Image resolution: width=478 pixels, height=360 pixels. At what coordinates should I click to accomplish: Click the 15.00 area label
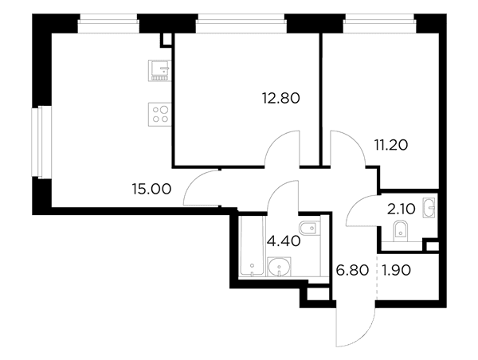click(x=151, y=189)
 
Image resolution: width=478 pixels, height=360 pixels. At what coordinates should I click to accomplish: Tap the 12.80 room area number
click(x=281, y=98)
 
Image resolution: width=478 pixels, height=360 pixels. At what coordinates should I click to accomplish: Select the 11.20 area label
click(x=391, y=145)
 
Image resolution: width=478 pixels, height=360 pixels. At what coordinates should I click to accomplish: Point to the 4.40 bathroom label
click(x=284, y=241)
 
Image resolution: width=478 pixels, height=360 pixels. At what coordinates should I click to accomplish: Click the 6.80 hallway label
click(x=352, y=270)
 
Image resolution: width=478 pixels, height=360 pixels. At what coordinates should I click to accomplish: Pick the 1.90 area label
click(x=396, y=270)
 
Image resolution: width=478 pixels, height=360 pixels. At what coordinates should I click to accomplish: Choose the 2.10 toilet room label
click(x=401, y=209)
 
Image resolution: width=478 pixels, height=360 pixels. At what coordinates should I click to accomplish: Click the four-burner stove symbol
click(x=160, y=115)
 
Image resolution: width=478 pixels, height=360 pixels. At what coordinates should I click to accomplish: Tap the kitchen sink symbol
click(x=160, y=71)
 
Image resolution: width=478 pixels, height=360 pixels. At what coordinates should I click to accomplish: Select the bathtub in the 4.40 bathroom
click(x=252, y=245)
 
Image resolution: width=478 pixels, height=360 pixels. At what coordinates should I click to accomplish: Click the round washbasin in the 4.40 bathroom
click(x=279, y=267)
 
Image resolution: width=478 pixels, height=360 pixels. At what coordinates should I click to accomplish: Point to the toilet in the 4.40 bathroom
click(x=310, y=228)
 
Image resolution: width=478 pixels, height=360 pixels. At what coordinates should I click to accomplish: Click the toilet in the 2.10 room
click(x=401, y=231)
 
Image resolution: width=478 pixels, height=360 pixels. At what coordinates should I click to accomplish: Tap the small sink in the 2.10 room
click(x=429, y=208)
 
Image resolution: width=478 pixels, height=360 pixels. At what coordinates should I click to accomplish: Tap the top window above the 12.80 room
click(x=241, y=24)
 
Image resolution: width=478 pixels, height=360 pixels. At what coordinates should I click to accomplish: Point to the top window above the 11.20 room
click(x=379, y=24)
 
